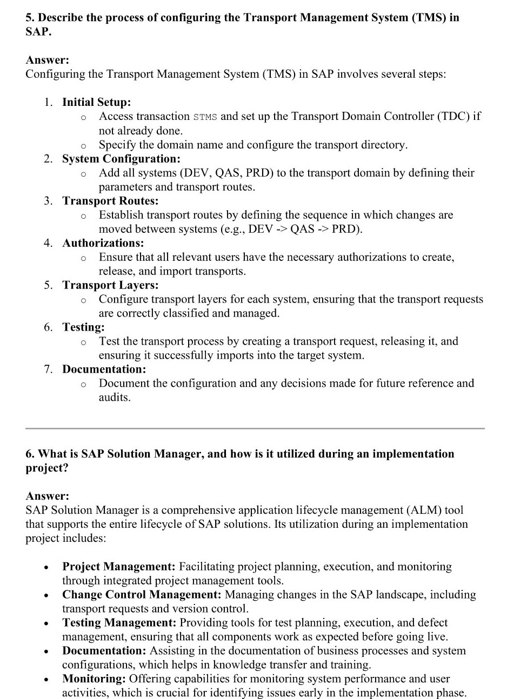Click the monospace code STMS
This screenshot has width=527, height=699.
[205, 117]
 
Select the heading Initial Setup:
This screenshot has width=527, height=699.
[96, 102]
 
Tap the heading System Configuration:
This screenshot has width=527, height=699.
[121, 159]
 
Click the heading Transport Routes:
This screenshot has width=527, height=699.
[110, 201]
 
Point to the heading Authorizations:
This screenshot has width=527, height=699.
[103, 243]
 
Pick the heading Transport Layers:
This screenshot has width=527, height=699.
[110, 285]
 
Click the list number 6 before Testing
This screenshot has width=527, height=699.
[48, 327]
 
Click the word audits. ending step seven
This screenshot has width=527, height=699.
[115, 398]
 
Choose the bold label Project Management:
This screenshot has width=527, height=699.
[118, 567]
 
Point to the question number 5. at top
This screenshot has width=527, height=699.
[30, 18]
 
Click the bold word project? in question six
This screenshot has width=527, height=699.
[47, 468]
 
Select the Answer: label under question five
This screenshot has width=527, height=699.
[47, 60]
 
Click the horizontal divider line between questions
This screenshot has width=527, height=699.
[255, 428]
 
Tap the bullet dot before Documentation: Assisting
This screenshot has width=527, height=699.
[48, 652]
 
